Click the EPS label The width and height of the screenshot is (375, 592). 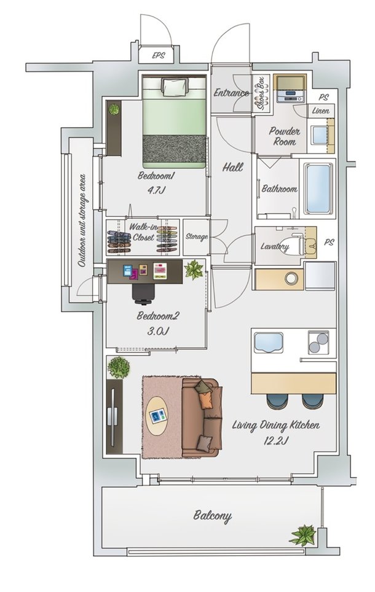(x=159, y=55)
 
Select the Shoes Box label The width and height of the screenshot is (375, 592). (x=261, y=93)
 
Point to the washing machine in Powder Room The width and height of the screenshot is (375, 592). (x=290, y=89)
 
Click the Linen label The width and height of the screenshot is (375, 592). (x=321, y=111)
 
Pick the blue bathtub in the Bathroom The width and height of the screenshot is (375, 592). (x=318, y=188)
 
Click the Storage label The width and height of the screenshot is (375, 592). (x=197, y=236)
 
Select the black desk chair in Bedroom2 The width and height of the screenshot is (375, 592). (x=143, y=294)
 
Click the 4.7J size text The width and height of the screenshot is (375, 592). (x=157, y=190)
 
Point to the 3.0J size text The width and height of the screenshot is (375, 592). (x=157, y=331)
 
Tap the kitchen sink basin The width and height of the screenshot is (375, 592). (x=269, y=343)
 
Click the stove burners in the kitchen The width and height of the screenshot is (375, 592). (x=318, y=342)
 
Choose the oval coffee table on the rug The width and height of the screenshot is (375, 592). (x=157, y=416)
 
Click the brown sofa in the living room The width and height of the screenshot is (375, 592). (x=202, y=418)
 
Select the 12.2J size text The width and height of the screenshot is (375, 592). (x=276, y=440)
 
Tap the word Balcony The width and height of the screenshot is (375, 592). (x=213, y=516)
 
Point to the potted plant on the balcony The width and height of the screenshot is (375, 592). (x=303, y=536)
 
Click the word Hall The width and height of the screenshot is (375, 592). (x=232, y=167)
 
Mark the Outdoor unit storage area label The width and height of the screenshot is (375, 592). (x=82, y=220)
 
